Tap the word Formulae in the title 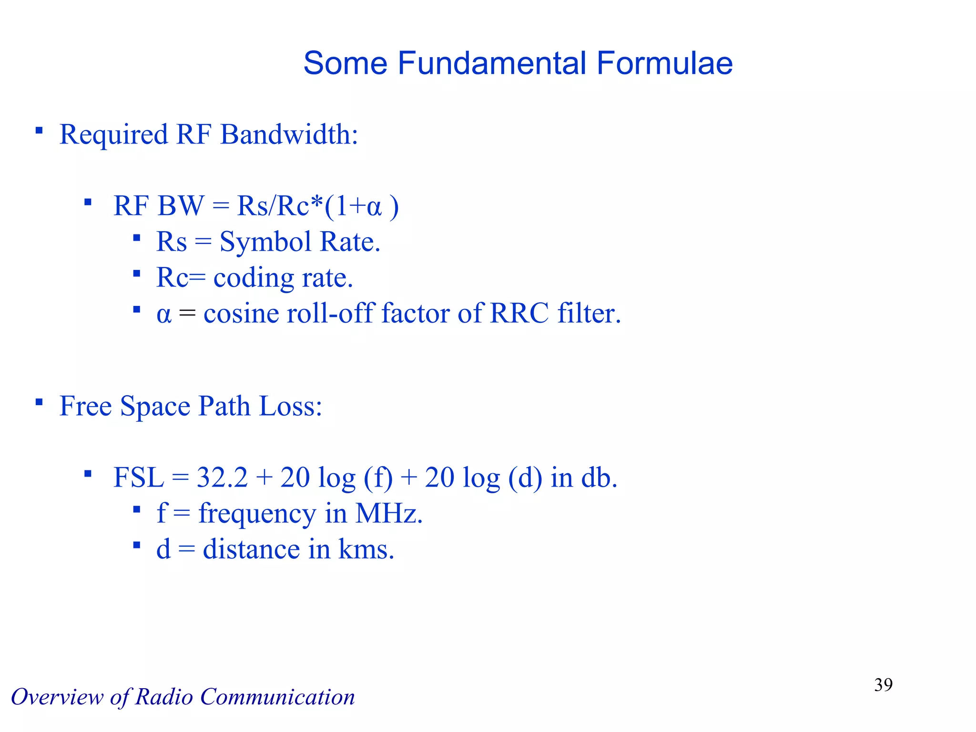(664, 63)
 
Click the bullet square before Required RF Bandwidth (39, 130)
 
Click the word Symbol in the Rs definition (265, 242)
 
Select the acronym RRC (519, 314)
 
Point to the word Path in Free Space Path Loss (224, 406)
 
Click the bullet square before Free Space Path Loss (39, 402)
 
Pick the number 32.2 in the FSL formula (222, 478)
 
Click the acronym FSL (139, 478)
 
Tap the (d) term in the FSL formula (525, 478)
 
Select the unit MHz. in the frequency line (389, 514)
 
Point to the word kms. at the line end (366, 549)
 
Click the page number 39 (883, 685)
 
